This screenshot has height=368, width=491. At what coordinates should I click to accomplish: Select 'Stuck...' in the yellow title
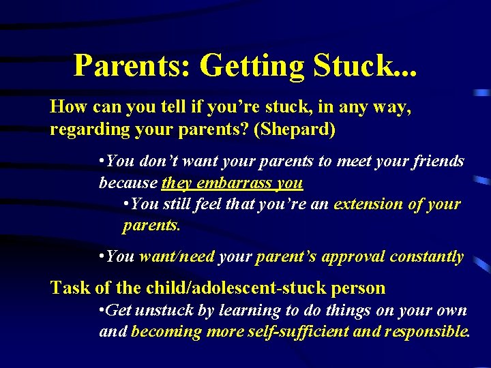(365, 65)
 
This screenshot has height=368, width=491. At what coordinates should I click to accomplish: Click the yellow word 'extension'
(368, 204)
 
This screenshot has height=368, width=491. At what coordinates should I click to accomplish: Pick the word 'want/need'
(172, 256)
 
